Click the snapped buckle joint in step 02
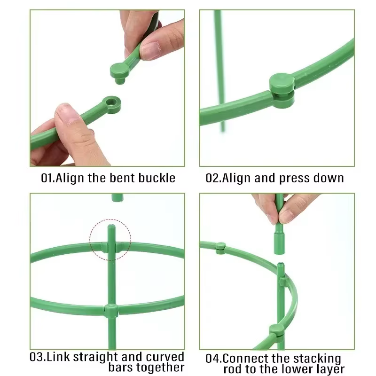pos(282,90)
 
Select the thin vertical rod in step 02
pos(219,71)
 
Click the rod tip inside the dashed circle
pos(111,227)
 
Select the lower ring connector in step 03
pos(111,311)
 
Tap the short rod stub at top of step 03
pos(117,197)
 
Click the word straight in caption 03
pos(96,357)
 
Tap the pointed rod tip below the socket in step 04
pos(281,265)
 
